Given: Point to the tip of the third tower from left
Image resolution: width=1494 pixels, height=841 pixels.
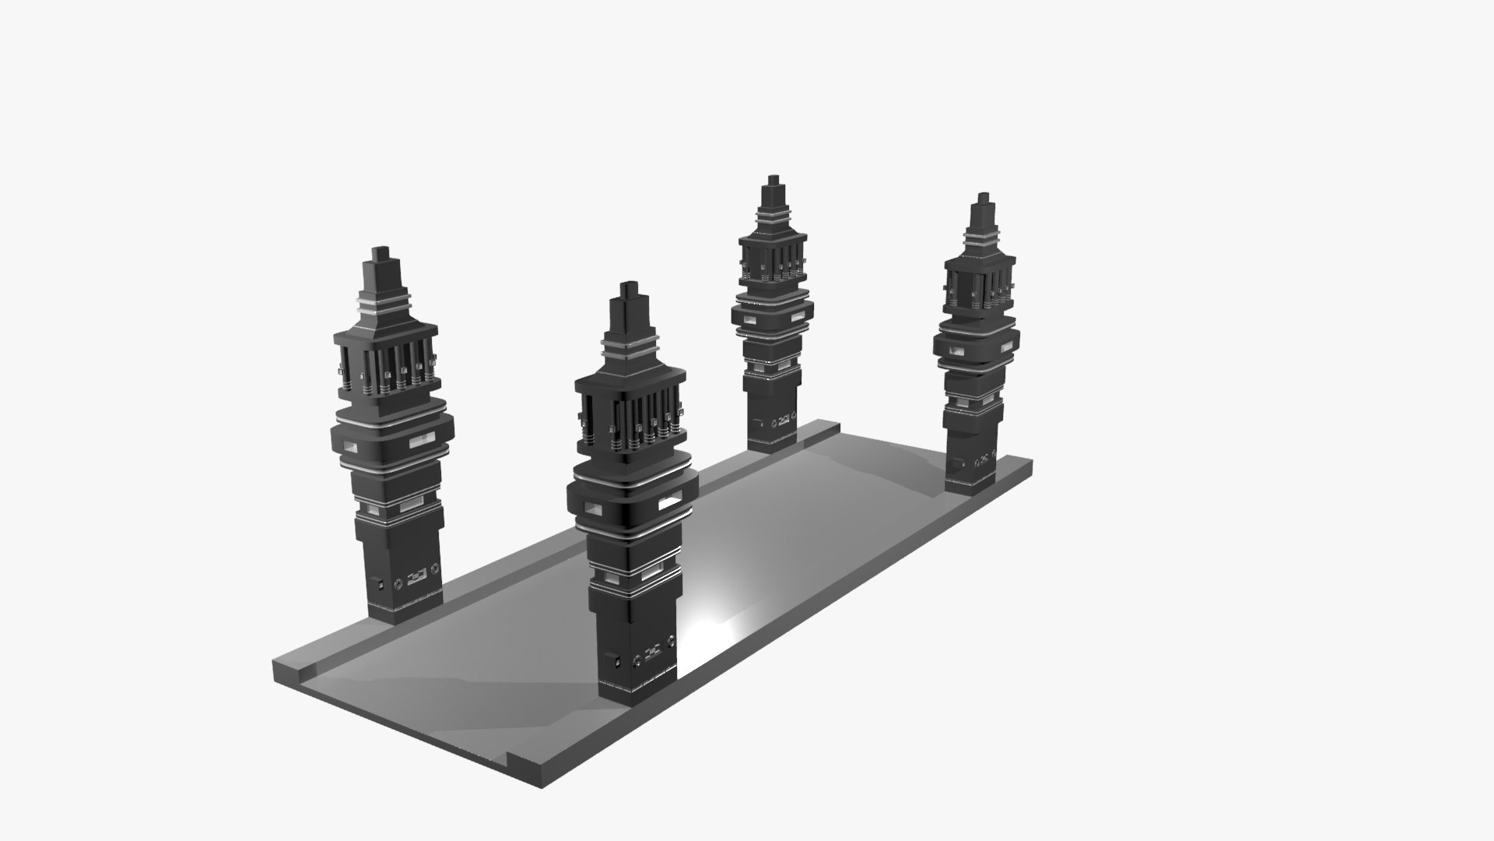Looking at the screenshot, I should (x=772, y=179).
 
